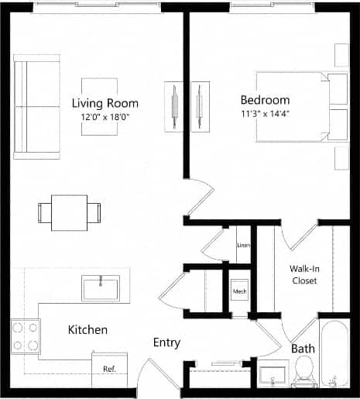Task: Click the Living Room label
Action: pos(105,103)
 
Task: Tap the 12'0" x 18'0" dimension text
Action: pos(105,117)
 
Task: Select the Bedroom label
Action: pos(265,100)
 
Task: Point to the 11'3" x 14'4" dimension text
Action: pos(265,113)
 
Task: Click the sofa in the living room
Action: pos(36,106)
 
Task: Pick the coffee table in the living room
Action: pos(101,106)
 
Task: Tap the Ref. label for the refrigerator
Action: pos(109,369)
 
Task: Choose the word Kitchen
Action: pos(87,330)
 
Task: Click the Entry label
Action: pos(166,342)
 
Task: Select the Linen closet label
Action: pos(242,246)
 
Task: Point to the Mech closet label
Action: pos(239,291)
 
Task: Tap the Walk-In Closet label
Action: pos(303,274)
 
